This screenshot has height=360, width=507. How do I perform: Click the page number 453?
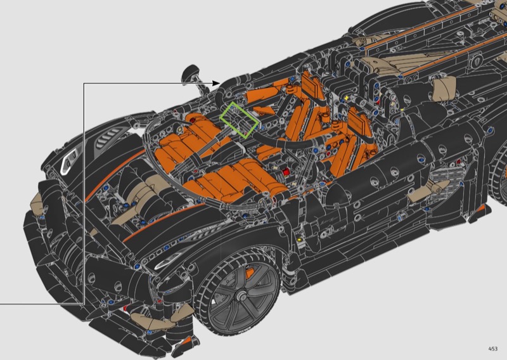click(493, 349)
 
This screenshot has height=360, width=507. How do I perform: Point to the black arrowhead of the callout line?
click(216, 83)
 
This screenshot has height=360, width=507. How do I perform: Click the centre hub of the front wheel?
click(241, 295)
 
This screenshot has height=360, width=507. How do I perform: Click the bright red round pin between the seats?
click(286, 172)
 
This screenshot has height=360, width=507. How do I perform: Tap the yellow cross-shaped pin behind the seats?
click(347, 98)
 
